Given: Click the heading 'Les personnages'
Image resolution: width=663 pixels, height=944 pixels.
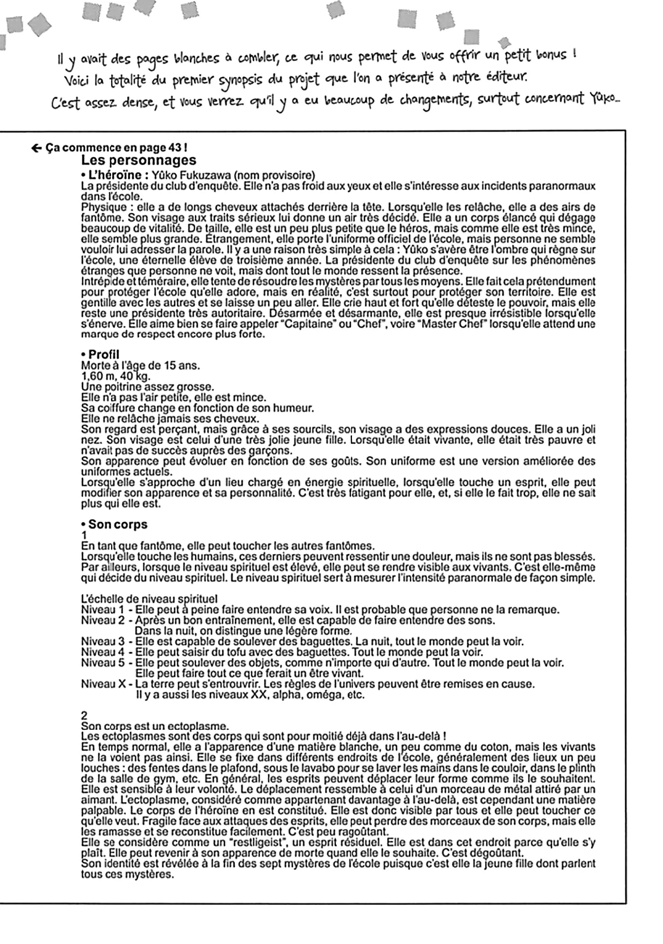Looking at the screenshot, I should (x=138, y=160).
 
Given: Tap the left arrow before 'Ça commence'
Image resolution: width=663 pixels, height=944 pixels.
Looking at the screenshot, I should (x=36, y=148).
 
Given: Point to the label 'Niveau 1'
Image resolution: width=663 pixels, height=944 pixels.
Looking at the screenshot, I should (x=103, y=610).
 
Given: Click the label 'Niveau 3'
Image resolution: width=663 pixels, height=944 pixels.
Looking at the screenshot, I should (x=103, y=642).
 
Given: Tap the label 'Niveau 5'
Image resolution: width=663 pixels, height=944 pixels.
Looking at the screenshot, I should (x=103, y=663).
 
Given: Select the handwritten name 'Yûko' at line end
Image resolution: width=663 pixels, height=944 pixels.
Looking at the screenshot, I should (x=604, y=101).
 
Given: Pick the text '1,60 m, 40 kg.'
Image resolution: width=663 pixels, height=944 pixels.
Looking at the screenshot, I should (x=115, y=376).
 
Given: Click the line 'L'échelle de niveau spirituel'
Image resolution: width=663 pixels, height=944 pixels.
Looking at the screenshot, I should (x=149, y=599).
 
